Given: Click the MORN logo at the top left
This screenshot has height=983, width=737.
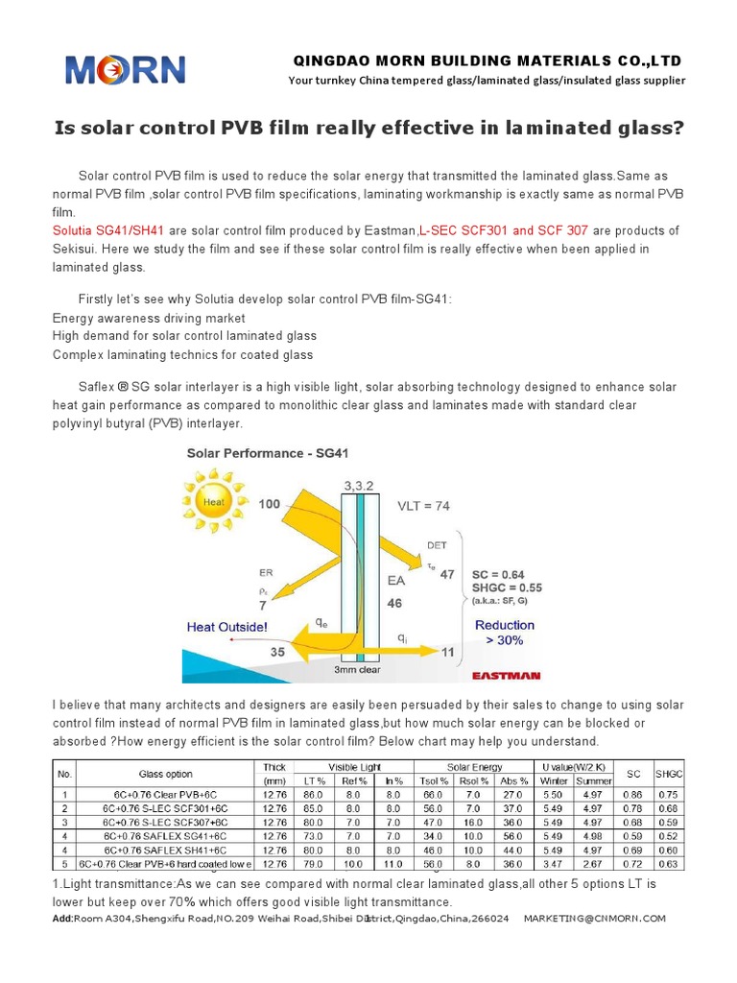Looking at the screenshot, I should point(125,70).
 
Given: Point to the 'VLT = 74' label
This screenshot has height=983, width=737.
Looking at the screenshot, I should point(424,504).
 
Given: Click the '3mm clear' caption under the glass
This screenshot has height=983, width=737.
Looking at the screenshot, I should point(357,669).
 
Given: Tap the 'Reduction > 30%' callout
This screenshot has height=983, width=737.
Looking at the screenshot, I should point(505,632).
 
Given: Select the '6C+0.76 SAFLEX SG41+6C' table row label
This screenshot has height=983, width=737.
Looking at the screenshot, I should point(158,836).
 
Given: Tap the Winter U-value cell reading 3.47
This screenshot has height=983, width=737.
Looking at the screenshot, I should point(554,864).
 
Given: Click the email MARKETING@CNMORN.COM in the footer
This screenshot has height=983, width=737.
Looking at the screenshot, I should point(594,919).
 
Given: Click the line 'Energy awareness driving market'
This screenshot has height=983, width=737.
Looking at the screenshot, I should point(149,317).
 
